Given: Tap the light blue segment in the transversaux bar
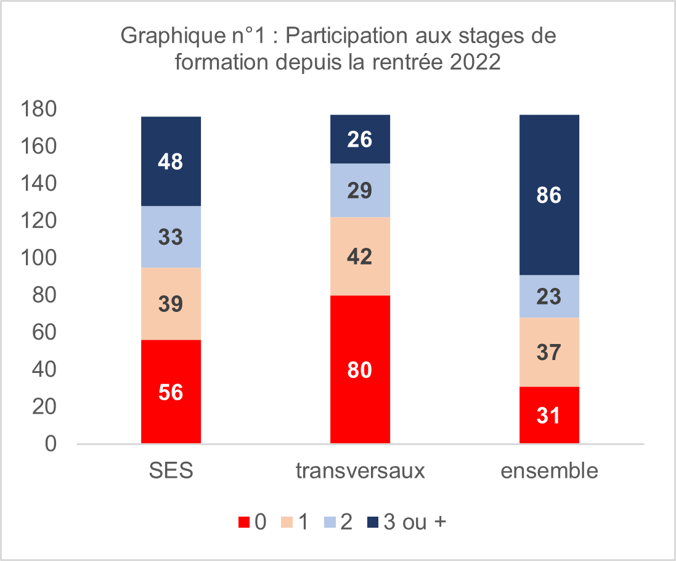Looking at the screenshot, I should click(x=360, y=190).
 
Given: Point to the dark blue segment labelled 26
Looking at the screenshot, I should click(x=360, y=139).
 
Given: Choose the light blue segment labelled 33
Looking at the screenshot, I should click(x=171, y=237).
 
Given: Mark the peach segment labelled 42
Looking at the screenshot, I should click(x=360, y=256).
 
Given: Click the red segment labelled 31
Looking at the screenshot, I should click(x=549, y=415).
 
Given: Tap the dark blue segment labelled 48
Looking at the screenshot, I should click(x=171, y=162).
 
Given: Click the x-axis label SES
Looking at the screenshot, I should click(x=171, y=471).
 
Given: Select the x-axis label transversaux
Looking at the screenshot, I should click(x=360, y=471).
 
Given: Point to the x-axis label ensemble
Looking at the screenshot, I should click(x=549, y=471).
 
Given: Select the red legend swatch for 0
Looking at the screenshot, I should click(x=244, y=523).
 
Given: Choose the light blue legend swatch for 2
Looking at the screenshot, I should click(x=329, y=523).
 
